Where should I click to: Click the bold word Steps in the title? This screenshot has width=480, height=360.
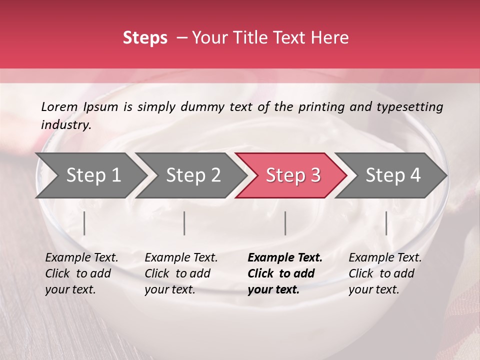[145, 38]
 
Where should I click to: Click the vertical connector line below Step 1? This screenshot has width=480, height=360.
[84, 223]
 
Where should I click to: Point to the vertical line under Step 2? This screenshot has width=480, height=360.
[184, 223]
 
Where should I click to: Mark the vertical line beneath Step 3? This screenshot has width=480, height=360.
[285, 223]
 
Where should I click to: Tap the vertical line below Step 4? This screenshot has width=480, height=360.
[386, 223]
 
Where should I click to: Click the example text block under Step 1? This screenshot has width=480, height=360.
[81, 273]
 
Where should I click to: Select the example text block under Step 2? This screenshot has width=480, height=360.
[181, 273]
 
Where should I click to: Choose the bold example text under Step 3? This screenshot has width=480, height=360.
[285, 273]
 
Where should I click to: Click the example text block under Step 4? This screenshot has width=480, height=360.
[385, 273]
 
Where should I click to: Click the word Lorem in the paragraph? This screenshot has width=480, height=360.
[59, 107]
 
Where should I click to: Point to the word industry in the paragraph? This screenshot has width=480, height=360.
[65, 125]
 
